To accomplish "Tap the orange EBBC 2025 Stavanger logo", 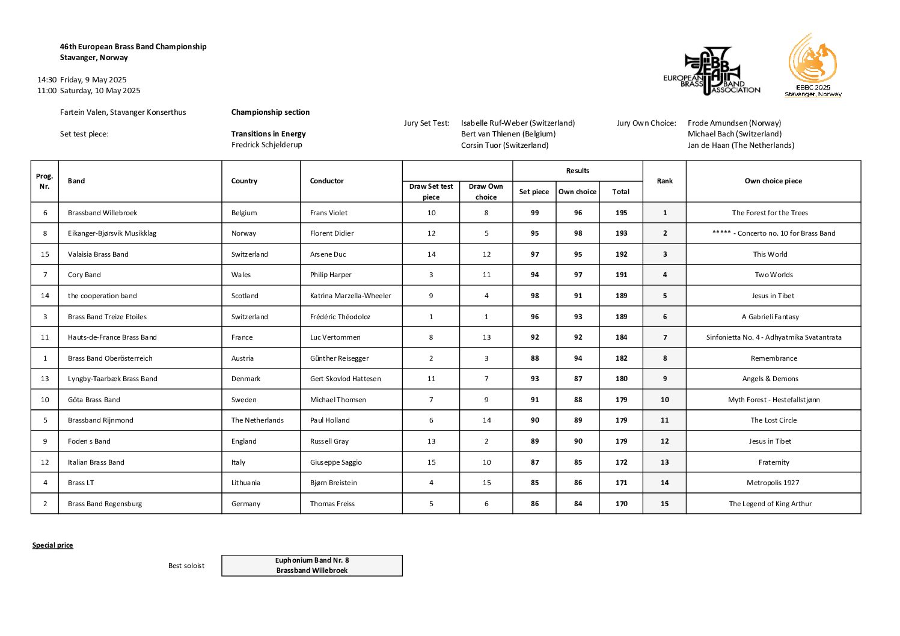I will point(813,65).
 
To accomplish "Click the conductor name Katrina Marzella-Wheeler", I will point(351,296).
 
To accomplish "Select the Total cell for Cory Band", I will point(621,275).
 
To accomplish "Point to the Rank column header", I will point(664,181).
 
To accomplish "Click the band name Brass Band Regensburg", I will point(105,504).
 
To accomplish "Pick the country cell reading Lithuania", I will point(246,483).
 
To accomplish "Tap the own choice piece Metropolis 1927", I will point(773,483).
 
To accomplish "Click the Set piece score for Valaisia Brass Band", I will point(534,254).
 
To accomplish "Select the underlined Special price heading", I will point(53,545).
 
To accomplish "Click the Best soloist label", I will point(186,566).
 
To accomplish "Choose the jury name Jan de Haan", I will point(741,145).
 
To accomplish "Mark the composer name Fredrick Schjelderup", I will point(267,145).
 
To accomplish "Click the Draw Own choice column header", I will point(486,191).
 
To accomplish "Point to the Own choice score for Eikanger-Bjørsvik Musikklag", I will point(578,233).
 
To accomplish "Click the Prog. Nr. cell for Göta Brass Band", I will point(45,400).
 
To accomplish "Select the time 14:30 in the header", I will point(47,79).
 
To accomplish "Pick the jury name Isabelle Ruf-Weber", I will point(518,123).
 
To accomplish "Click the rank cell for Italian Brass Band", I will point(664,462).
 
